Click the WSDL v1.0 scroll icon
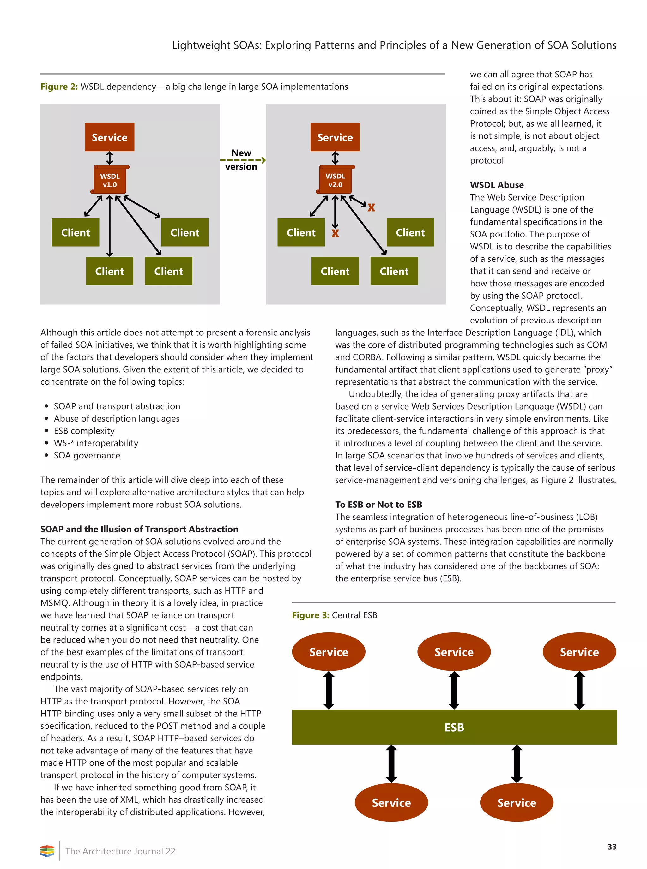(110, 180)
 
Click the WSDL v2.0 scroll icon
(335, 180)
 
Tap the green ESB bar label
(454, 727)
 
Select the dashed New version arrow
(243, 160)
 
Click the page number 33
(612, 847)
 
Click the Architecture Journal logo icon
(47, 851)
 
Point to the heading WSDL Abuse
(497, 185)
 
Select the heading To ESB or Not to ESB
(378, 505)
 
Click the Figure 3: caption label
(311, 615)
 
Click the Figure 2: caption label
(59, 87)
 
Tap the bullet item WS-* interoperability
(96, 443)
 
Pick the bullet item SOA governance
(87, 455)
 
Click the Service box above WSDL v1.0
(110, 137)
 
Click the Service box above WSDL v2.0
(335, 137)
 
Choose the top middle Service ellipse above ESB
(454, 652)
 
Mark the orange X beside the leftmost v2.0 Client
(335, 234)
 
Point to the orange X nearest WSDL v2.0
(371, 207)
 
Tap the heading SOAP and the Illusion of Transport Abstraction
(139, 529)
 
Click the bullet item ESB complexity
(84, 431)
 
